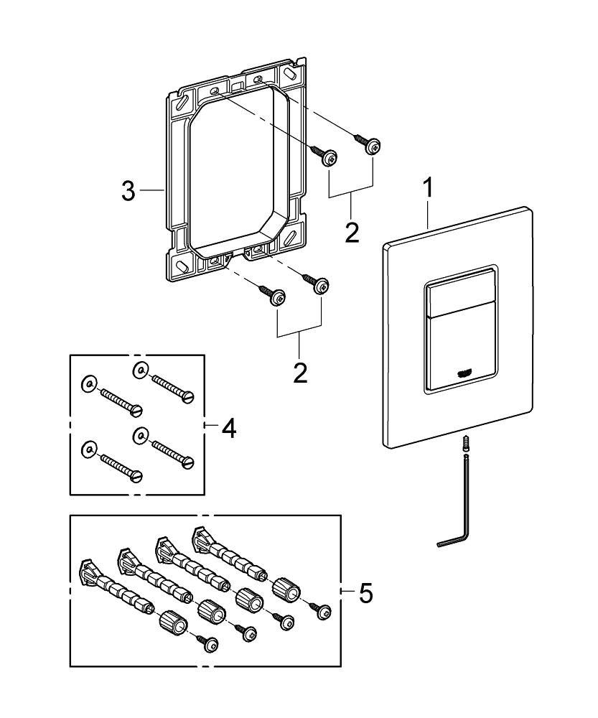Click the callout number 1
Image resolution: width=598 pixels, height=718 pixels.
point(427,190)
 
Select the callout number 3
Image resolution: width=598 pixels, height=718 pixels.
point(128,192)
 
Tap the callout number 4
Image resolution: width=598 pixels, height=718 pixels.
point(228,429)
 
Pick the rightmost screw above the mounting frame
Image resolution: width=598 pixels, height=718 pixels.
point(372,146)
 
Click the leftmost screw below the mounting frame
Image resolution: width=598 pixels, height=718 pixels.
point(274,297)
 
